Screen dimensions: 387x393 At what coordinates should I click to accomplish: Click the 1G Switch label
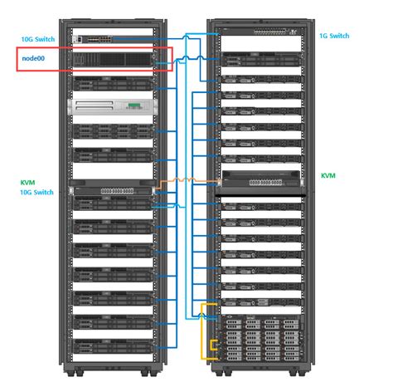(x=334, y=36)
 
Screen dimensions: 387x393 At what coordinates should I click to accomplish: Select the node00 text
(x=32, y=59)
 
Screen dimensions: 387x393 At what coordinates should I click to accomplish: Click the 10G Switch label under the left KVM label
(x=36, y=192)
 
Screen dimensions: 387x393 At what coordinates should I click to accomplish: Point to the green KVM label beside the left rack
(x=27, y=181)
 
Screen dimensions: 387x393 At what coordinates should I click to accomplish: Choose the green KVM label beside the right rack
(x=328, y=176)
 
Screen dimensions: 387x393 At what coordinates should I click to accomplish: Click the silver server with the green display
(x=113, y=105)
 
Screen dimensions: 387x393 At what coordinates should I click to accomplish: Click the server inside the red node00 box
(x=113, y=59)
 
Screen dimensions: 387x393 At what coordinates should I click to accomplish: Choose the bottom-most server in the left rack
(x=113, y=346)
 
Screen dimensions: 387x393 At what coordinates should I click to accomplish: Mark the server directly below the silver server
(x=113, y=130)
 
